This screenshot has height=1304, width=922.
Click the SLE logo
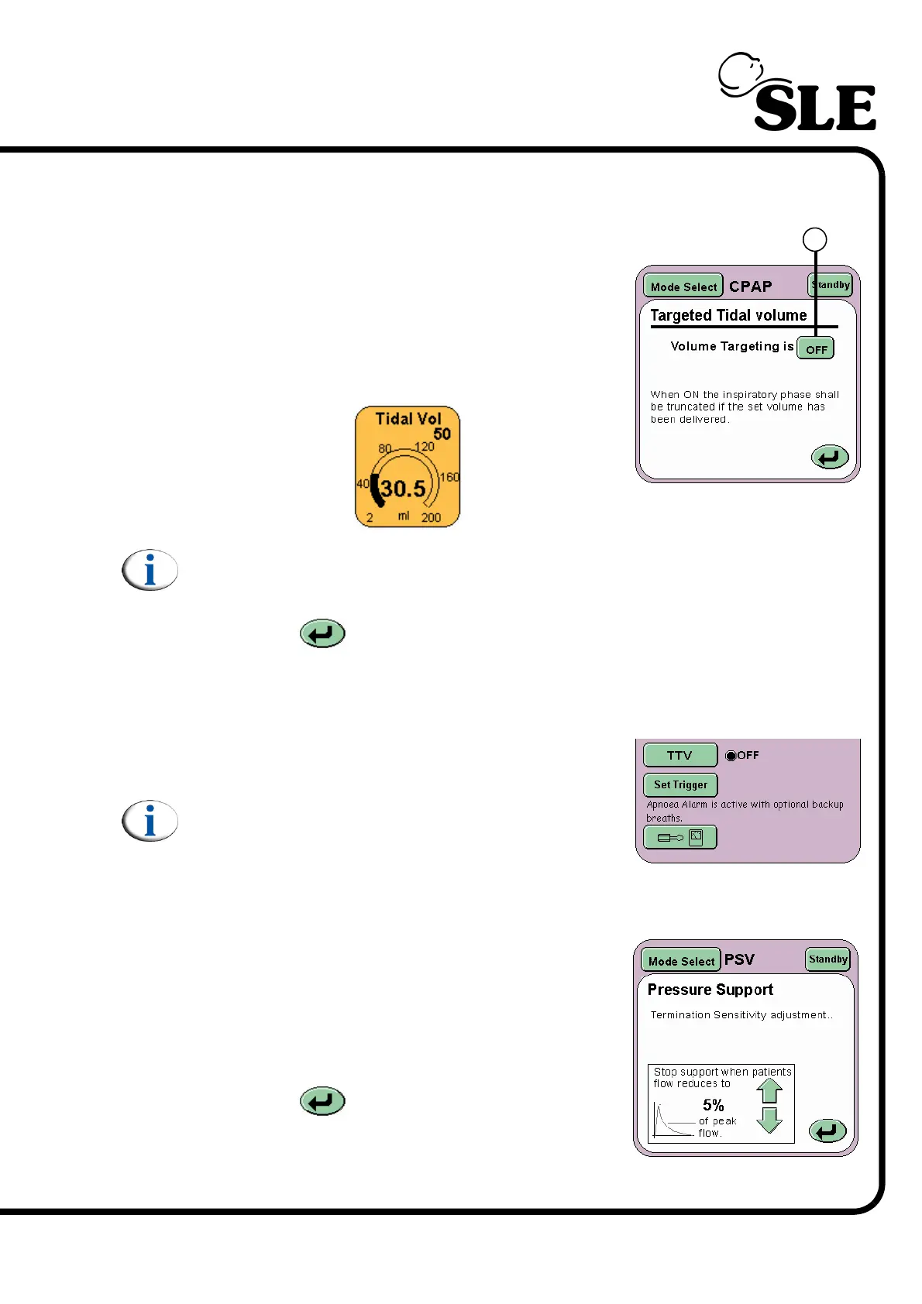798,93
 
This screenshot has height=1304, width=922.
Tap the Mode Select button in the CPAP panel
683,287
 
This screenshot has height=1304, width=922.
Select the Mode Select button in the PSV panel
681,961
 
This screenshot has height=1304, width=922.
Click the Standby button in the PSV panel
828,959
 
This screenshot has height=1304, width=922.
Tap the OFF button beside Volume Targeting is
816,349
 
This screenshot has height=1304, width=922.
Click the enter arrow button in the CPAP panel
829,458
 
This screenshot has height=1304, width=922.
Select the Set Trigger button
680,785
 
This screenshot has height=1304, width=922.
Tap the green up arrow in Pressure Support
769,1090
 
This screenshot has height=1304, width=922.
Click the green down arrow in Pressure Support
769,1120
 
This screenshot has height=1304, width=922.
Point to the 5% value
713,1105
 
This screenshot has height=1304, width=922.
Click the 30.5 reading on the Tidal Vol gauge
403,489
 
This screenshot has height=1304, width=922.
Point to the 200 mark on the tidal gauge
431,517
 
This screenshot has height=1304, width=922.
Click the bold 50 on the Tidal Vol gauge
442,434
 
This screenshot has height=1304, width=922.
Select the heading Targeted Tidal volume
728,315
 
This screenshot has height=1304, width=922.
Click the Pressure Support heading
710,990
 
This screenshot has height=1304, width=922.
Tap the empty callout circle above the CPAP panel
814,239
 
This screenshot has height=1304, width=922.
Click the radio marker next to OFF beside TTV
731,756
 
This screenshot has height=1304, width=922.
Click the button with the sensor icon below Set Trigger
679,838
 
